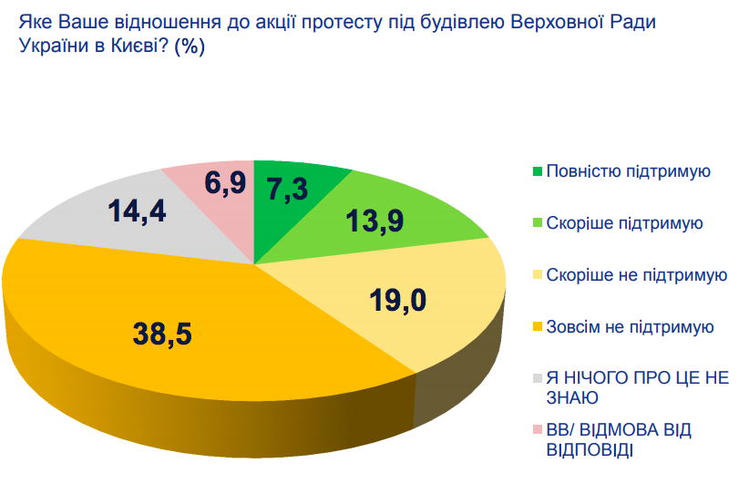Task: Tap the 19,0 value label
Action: pyautogui.click(x=399, y=299)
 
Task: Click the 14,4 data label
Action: pyautogui.click(x=137, y=212)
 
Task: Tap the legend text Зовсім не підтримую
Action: pyautogui.click(x=630, y=326)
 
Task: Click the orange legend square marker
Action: pyautogui.click(x=537, y=326)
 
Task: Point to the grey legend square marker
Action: pyautogui.click(x=537, y=378)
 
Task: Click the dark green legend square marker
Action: pyautogui.click(x=537, y=170)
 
